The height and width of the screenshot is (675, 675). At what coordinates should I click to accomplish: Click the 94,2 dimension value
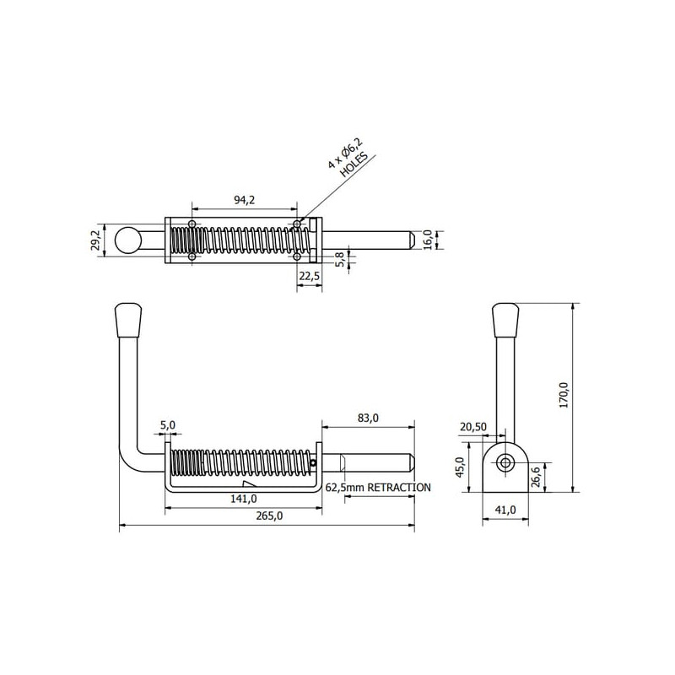pyautogui.click(x=244, y=200)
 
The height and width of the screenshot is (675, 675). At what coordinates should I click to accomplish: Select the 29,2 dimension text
pyautogui.click(x=95, y=240)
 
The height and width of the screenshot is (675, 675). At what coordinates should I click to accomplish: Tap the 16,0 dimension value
pyautogui.click(x=427, y=240)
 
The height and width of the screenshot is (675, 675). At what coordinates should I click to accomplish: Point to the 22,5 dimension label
pyautogui.click(x=310, y=276)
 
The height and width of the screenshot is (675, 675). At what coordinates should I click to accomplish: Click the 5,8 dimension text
pyautogui.click(x=339, y=260)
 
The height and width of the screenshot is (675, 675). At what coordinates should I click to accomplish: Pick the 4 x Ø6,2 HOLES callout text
pyautogui.click(x=348, y=158)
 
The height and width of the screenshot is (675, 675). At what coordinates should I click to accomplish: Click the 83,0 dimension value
pyautogui.click(x=368, y=418)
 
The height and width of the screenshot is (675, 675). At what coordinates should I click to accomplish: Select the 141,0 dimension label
pyautogui.click(x=244, y=499)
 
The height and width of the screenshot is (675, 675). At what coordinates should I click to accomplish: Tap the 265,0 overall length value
pyautogui.click(x=269, y=516)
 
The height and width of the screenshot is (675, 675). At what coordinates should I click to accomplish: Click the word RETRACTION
pyautogui.click(x=399, y=488)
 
